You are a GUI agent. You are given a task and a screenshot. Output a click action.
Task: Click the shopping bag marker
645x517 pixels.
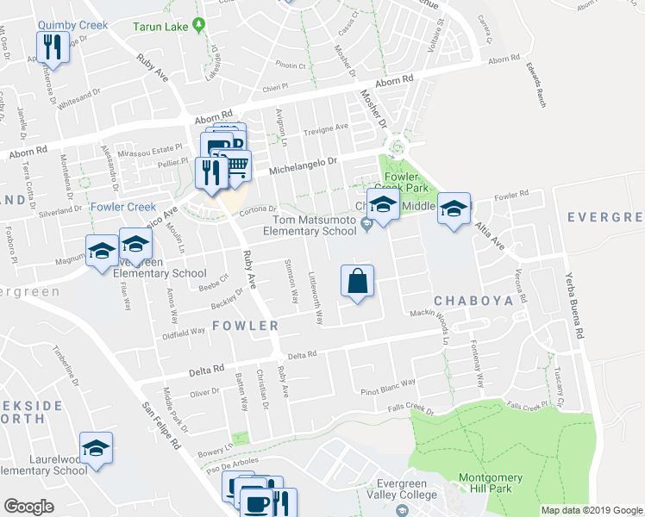tap(357, 281)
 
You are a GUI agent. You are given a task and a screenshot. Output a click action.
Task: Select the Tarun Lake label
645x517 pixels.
tap(161, 26)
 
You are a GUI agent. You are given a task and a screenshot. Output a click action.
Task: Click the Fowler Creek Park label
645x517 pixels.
tap(406, 181)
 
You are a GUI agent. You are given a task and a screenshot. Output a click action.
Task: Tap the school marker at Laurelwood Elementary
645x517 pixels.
tap(96, 448)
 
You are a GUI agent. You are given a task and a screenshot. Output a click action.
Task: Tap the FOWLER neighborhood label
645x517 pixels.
tap(246, 326)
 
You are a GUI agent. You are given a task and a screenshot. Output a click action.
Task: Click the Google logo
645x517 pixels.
tap(28, 506)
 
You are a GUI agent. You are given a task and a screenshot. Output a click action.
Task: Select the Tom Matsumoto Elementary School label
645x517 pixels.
tap(310, 226)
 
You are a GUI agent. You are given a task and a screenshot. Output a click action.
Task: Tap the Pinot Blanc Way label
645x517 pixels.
tap(387, 382)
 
